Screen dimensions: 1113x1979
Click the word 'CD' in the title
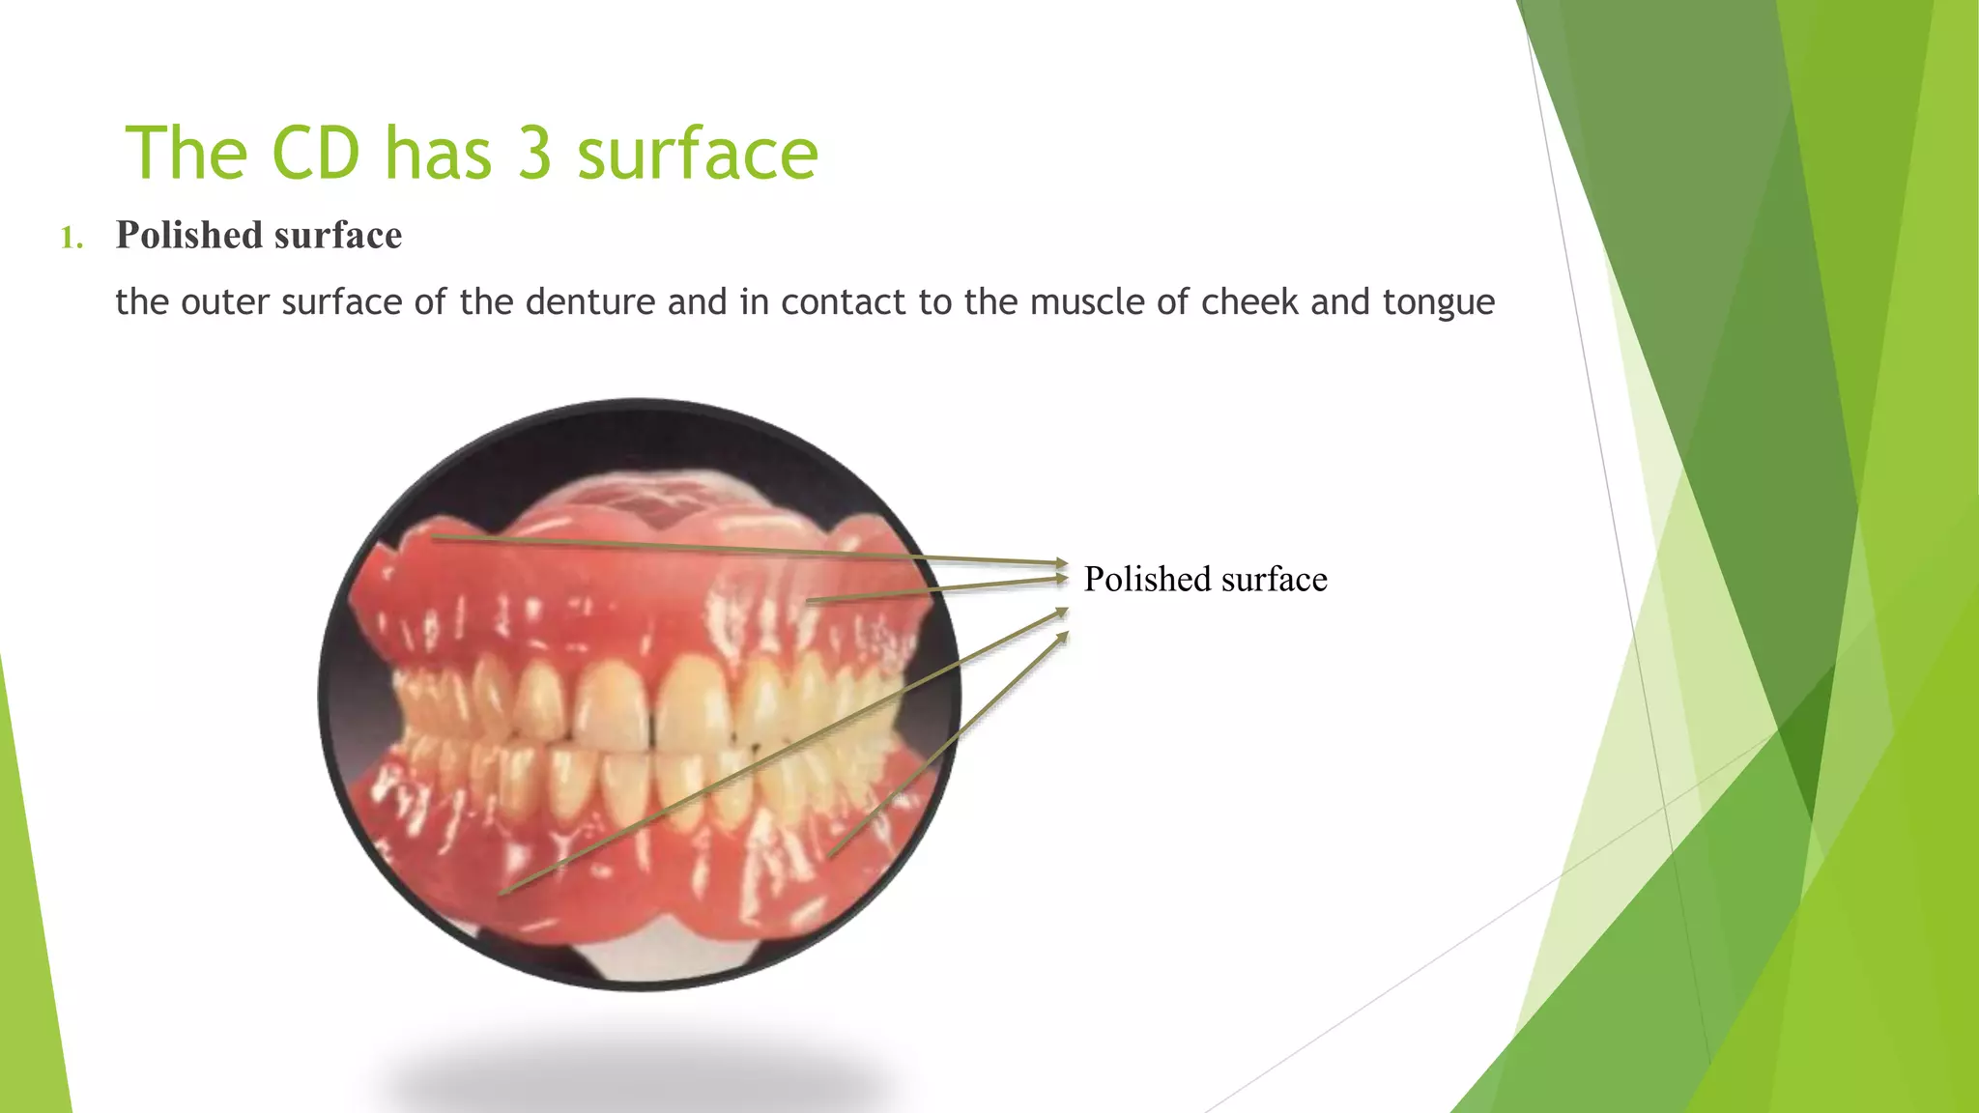(x=315, y=154)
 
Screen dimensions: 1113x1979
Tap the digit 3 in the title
(x=534, y=154)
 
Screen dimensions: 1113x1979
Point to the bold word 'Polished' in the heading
(x=188, y=236)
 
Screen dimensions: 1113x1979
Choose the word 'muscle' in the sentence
(x=1087, y=302)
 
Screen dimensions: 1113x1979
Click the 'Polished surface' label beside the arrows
(x=1205, y=580)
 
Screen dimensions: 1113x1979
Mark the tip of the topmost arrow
(x=1066, y=563)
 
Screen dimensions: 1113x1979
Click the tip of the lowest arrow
(x=1067, y=634)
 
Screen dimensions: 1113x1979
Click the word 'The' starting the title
(x=188, y=154)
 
